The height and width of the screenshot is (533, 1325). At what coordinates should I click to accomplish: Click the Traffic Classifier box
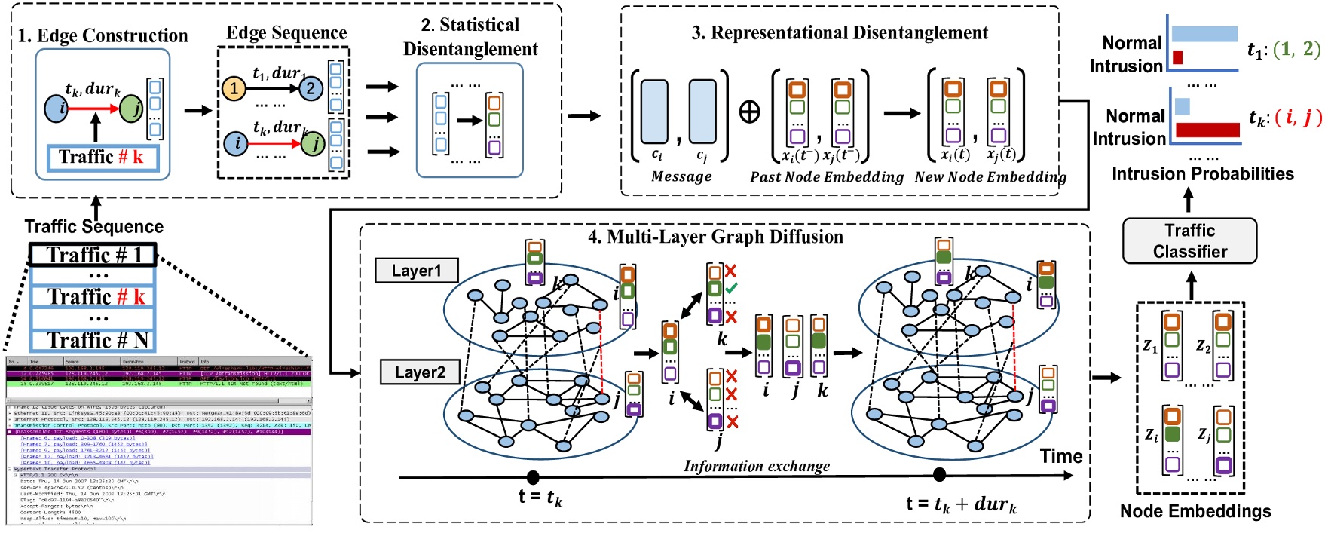(x=1189, y=240)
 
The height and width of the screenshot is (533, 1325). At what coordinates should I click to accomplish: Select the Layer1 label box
(x=416, y=271)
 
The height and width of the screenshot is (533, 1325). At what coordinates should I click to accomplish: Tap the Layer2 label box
(x=420, y=372)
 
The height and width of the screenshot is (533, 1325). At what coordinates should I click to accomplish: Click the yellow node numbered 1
(x=234, y=88)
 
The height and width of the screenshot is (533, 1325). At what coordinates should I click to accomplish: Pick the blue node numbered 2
(x=310, y=88)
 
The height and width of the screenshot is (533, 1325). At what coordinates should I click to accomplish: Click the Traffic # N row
(x=93, y=340)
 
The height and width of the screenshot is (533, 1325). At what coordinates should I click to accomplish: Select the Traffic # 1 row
(x=93, y=255)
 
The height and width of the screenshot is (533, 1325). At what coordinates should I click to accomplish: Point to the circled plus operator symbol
(x=749, y=112)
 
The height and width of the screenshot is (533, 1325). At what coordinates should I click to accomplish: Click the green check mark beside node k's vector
(x=731, y=289)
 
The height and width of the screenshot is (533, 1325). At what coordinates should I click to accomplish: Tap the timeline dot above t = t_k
(x=533, y=476)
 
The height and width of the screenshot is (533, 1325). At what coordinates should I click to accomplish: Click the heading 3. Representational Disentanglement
(x=840, y=33)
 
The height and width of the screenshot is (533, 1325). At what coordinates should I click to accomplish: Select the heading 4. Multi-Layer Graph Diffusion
(x=715, y=237)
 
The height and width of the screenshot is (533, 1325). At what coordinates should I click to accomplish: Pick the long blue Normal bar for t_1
(x=1204, y=34)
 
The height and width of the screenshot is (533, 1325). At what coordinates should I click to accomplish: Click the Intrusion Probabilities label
(x=1202, y=174)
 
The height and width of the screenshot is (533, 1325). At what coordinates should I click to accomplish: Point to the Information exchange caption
(x=756, y=466)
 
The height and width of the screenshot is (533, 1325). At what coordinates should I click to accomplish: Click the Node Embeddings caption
(x=1195, y=511)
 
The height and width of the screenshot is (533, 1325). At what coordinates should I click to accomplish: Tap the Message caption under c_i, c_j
(x=681, y=176)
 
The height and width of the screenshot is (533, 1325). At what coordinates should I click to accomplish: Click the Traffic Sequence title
(x=93, y=226)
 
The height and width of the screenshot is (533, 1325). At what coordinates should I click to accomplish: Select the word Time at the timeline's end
(x=1060, y=456)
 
